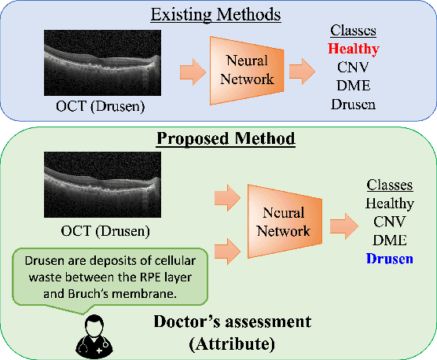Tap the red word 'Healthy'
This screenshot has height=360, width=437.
pos(353,50)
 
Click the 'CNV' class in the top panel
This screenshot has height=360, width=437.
pos(353,67)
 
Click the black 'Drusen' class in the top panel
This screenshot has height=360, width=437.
pos(353,103)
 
